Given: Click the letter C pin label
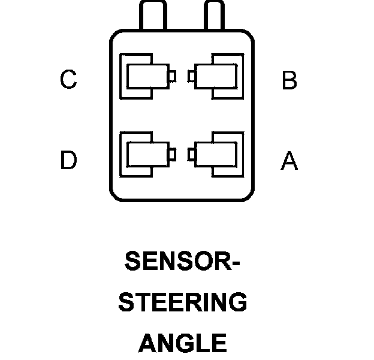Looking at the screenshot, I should pos(68,80).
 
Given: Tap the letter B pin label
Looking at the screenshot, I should pos(289,80).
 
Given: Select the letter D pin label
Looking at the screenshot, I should pos(68,160).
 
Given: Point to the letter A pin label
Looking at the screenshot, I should pos(289,160).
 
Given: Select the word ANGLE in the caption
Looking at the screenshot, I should pos(182,343).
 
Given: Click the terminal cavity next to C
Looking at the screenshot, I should pos(146,76).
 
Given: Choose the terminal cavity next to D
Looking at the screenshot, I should pos(146,155).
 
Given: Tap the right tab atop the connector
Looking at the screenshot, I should pos(214,14).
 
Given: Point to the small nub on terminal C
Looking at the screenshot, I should pos(173,76).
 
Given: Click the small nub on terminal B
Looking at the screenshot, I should pos(191,76).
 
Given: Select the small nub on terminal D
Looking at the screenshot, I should pos(173,155).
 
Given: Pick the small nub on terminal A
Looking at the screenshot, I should pos(191,155).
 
